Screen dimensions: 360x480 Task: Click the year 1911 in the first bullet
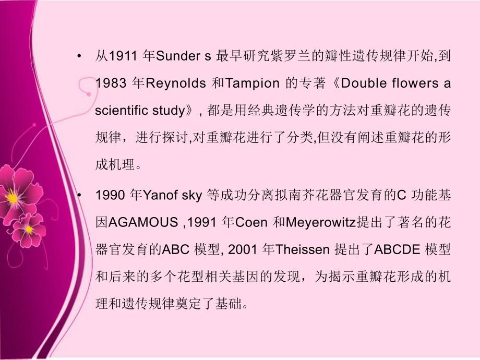tap(119, 56)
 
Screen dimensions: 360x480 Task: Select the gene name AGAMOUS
tap(140, 223)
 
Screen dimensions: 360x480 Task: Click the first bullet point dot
tap(78, 56)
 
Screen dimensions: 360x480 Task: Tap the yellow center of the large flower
tap(11, 197)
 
